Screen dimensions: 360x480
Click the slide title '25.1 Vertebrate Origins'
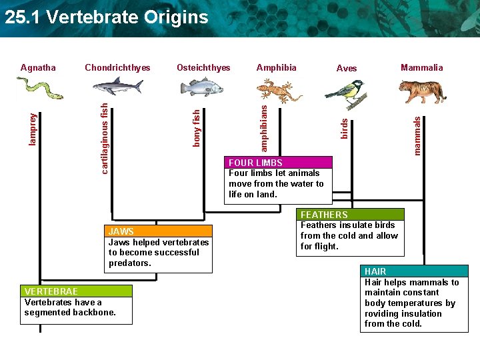tap(107, 17)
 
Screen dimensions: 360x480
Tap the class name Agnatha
tap(38, 67)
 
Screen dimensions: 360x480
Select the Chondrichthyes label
tap(117, 67)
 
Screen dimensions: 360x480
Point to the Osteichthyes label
tap(203, 67)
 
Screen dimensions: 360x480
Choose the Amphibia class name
tap(276, 67)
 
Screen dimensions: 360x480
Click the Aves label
tap(347, 68)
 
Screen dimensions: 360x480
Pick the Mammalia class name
tap(421, 67)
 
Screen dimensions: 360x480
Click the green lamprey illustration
tap(39, 87)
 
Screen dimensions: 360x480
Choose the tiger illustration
tap(422, 90)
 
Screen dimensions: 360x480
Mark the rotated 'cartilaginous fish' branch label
tap(105, 137)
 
